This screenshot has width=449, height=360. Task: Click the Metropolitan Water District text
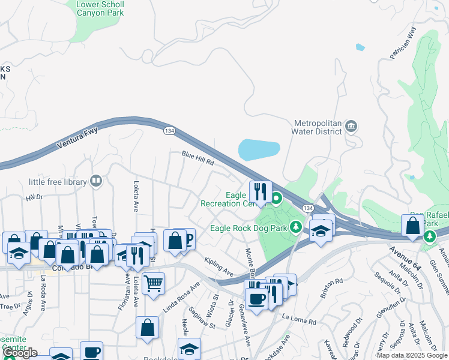point(316,127)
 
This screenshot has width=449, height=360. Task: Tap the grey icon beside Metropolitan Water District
point(352,126)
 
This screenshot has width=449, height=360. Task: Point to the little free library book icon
point(95,181)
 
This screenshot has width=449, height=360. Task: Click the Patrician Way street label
point(403,44)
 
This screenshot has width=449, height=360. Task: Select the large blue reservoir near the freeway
point(259,149)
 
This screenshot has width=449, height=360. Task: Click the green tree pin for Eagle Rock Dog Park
point(295,227)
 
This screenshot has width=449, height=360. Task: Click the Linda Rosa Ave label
point(181,298)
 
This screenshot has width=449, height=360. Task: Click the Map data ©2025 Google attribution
point(411,355)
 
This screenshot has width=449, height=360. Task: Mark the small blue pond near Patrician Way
point(360,47)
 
